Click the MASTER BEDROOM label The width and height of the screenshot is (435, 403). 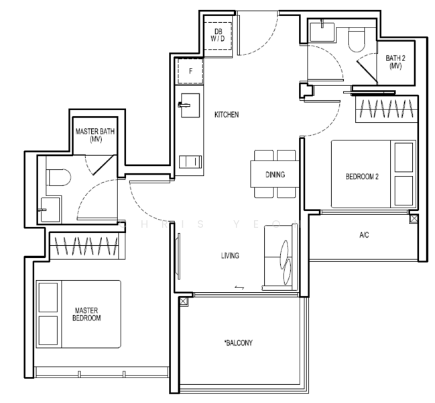(x=87, y=314)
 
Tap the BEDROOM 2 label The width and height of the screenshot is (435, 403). (x=362, y=177)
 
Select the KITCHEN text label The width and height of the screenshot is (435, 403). (x=227, y=115)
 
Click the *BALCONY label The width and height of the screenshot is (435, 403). (x=238, y=343)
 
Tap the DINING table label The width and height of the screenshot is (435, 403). (x=275, y=175)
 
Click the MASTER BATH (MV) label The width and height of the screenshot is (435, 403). (x=95, y=134)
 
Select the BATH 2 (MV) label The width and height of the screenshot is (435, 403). (x=394, y=62)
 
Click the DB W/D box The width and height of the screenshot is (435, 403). (x=218, y=34)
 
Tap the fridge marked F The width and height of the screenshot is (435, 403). (x=190, y=71)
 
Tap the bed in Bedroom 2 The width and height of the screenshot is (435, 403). (x=373, y=174)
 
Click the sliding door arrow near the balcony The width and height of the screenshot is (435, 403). (x=239, y=287)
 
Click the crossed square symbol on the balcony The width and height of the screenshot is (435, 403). (x=183, y=302)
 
